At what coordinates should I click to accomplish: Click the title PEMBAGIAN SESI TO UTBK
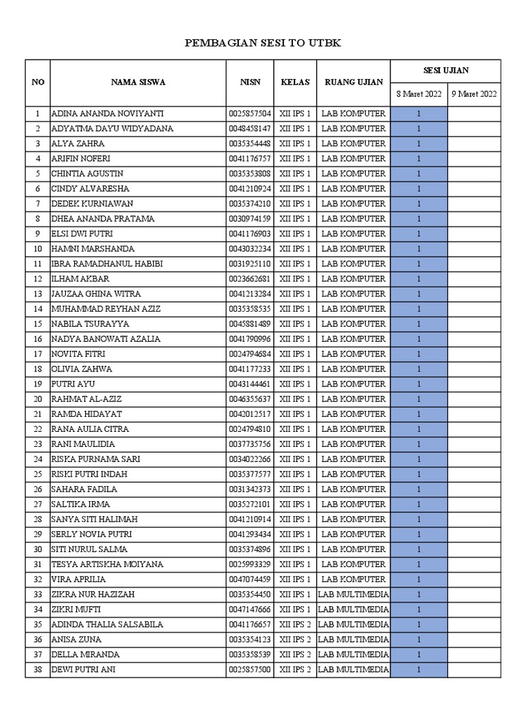263,44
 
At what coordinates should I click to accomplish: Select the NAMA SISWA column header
138,82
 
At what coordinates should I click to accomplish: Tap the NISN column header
250,82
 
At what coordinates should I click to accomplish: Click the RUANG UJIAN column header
353,82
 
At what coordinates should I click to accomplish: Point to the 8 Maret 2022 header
419,94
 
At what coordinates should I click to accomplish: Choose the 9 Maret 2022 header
473,94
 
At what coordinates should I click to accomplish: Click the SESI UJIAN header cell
445,71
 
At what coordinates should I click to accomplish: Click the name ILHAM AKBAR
80,279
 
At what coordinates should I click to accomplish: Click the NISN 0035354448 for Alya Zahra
250,143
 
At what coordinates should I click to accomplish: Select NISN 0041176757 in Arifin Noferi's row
250,159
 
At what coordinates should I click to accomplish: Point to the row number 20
38,399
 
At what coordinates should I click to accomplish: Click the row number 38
38,669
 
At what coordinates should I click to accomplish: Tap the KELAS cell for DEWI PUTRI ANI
295,669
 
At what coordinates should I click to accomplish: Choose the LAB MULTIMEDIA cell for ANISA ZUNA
353,640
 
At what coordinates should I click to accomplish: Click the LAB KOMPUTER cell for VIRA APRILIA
353,579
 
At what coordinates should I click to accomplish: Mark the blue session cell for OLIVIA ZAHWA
419,369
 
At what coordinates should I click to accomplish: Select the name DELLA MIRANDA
85,654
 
